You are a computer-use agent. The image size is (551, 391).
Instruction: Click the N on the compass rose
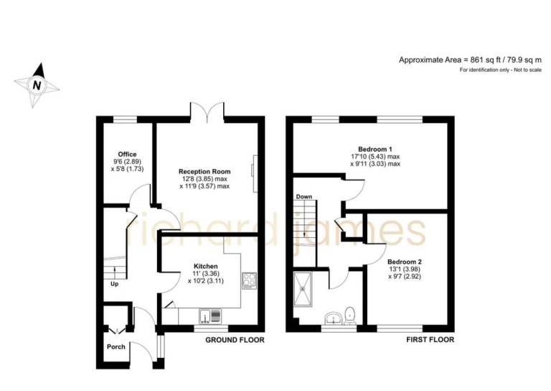(37, 85)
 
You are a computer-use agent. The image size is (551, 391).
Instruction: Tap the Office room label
(127, 154)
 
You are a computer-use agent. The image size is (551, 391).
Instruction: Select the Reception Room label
(204, 172)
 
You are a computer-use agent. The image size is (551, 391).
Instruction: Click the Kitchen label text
(206, 267)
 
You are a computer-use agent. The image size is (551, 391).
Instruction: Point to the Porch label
(116, 346)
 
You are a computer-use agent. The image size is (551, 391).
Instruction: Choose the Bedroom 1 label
(375, 149)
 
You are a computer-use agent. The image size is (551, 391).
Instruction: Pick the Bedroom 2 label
(405, 262)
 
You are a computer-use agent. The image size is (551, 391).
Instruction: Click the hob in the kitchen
(249, 281)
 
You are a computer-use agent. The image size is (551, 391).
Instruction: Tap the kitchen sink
(210, 316)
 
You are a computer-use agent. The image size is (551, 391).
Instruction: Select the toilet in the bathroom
(350, 316)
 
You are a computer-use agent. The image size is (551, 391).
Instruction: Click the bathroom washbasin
(332, 318)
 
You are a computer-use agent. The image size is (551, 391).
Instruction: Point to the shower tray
(303, 289)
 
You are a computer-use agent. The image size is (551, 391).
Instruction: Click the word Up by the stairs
(115, 284)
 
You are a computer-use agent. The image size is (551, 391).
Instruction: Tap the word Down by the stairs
(304, 197)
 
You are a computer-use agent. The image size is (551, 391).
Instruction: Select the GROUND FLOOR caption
(235, 340)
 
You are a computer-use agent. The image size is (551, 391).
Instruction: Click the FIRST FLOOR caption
(430, 340)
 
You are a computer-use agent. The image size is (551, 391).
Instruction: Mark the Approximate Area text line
(470, 60)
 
